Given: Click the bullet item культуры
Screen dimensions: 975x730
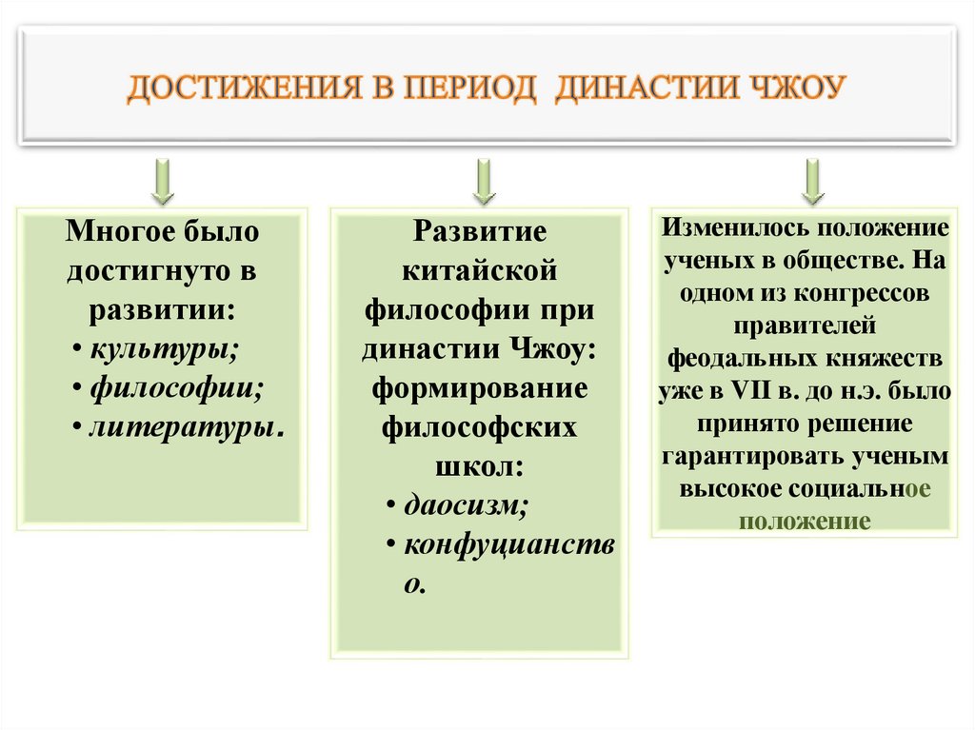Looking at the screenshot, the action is tap(164, 348).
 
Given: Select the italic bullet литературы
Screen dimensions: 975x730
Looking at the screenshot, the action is tap(186, 427).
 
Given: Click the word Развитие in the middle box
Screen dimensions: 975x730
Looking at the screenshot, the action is tap(480, 231).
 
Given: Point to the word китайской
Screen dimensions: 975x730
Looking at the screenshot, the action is tap(480, 270).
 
